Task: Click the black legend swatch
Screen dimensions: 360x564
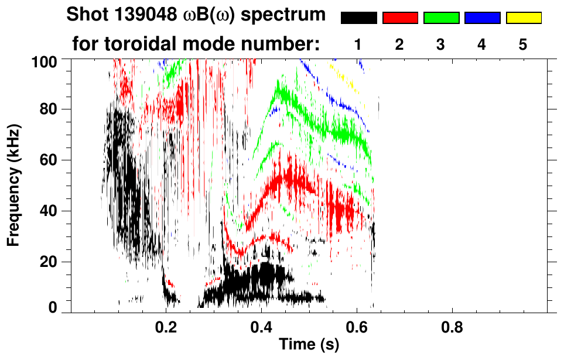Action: coord(359,18)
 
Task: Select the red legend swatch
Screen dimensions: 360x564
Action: coord(400,18)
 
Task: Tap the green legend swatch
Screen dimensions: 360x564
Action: coord(441,18)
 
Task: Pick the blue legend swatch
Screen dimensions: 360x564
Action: coord(482,18)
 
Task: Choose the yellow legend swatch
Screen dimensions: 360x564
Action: coord(524,18)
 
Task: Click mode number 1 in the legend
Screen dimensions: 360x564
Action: coord(358,45)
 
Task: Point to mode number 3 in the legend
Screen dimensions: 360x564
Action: coord(440,45)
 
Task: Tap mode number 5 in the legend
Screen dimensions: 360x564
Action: coord(523,45)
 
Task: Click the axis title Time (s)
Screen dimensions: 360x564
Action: coord(309,345)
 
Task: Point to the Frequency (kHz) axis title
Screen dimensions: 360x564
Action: coord(13,184)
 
